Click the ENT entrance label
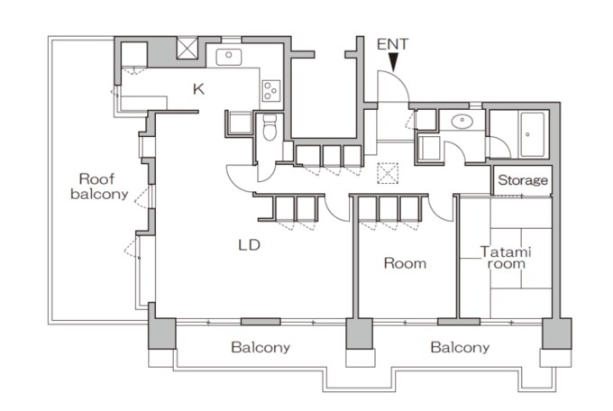tap(392, 44)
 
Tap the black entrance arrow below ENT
tap(393, 62)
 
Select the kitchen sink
tap(229, 57)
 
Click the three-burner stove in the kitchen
tap(271, 91)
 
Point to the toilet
tap(270, 127)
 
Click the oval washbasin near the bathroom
tap(462, 122)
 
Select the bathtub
tap(532, 134)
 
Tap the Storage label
tap(523, 180)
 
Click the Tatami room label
tap(506, 258)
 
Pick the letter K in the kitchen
tap(198, 89)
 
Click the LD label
tap(250, 245)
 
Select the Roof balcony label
tap(99, 187)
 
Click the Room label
tap(405, 263)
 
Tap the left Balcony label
tap(261, 347)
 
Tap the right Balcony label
tap(460, 347)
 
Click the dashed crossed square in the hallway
tap(388, 173)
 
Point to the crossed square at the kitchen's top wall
tap(188, 48)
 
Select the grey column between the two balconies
tap(360, 333)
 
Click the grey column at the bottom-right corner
tap(557, 333)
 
